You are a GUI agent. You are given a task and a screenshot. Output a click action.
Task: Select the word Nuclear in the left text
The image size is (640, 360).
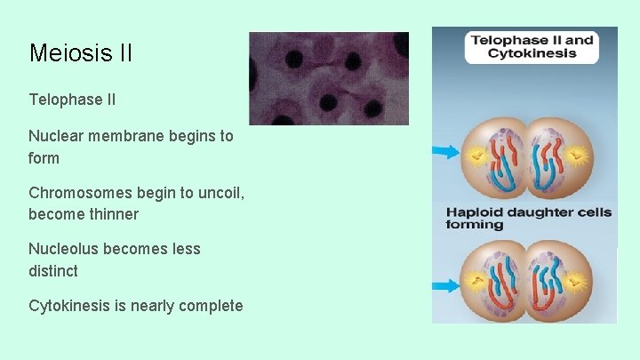tap(56, 136)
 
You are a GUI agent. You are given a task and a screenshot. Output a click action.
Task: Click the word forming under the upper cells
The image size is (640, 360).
tap(474, 225)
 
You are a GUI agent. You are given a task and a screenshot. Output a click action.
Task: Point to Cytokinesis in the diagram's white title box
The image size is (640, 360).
tap(532, 52)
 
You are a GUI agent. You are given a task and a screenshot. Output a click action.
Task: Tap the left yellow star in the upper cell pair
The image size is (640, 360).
tap(479, 156)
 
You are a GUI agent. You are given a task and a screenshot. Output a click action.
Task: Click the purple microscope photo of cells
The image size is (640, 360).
tap(328, 78)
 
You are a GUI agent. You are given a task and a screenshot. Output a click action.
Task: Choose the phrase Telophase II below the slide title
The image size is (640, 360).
tap(72, 100)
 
